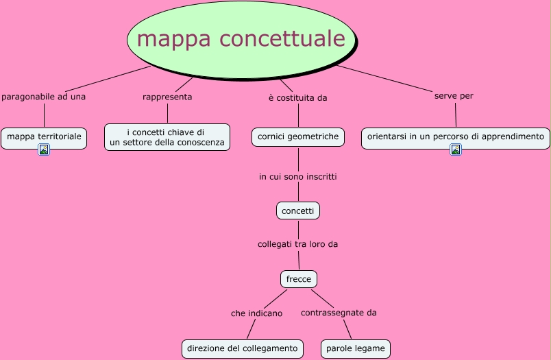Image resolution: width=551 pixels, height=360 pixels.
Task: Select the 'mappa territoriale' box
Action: pos(44,137)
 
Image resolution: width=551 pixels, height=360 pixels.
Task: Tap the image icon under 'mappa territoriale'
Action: pos(44,149)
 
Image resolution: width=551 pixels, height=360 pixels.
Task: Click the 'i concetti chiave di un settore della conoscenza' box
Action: pos(167,137)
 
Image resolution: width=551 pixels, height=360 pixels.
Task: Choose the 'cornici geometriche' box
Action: pos(298,137)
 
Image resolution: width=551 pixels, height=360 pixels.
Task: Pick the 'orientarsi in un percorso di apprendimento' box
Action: pos(455,137)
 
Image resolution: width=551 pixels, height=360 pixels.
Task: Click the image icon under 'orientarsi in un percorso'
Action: pos(456,149)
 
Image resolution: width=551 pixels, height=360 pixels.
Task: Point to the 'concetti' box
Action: pos(298,211)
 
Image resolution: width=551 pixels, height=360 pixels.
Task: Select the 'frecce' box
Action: pos(299,279)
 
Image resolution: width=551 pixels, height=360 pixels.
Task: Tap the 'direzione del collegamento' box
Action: pos(243,348)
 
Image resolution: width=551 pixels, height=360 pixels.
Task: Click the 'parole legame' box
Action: pos(356,348)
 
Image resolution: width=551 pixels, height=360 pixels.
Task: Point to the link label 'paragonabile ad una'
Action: pos(44,97)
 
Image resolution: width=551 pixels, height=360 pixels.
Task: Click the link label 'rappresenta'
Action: pos(167,97)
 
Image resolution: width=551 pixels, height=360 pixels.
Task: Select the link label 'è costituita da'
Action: pos(297,97)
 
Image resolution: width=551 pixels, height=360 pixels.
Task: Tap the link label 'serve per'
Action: pos(454,95)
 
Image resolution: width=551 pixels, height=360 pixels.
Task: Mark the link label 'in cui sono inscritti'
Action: pos(297,176)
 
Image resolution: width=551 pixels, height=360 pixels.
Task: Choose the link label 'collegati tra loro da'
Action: pos(297,243)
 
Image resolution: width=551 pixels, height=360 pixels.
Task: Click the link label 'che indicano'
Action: pos(256,313)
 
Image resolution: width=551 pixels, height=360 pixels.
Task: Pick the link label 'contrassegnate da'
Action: pos(339,313)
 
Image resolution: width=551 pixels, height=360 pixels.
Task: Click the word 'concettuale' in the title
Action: pos(282,38)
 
